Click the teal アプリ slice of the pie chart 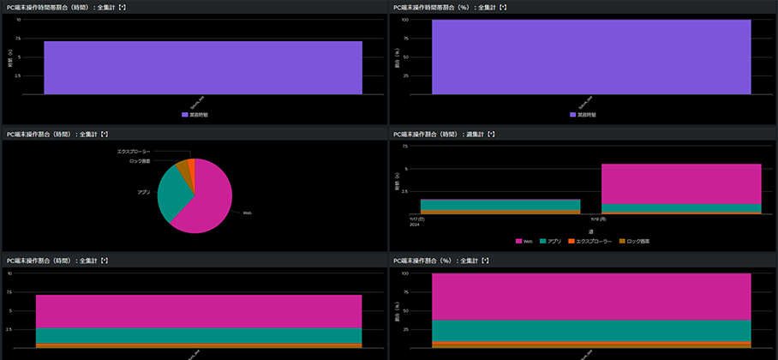coord(171,194)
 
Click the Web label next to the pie coord(247,213)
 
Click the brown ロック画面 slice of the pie coord(183,168)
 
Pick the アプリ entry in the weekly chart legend coord(551,242)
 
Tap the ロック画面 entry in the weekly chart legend coord(635,242)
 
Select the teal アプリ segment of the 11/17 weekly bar coord(500,204)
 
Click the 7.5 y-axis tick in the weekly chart coord(404,146)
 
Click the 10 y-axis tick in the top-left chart coord(18,20)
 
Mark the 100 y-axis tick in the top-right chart coord(404,20)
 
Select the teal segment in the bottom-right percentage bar coord(591,330)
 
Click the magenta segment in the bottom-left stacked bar coord(199,311)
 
